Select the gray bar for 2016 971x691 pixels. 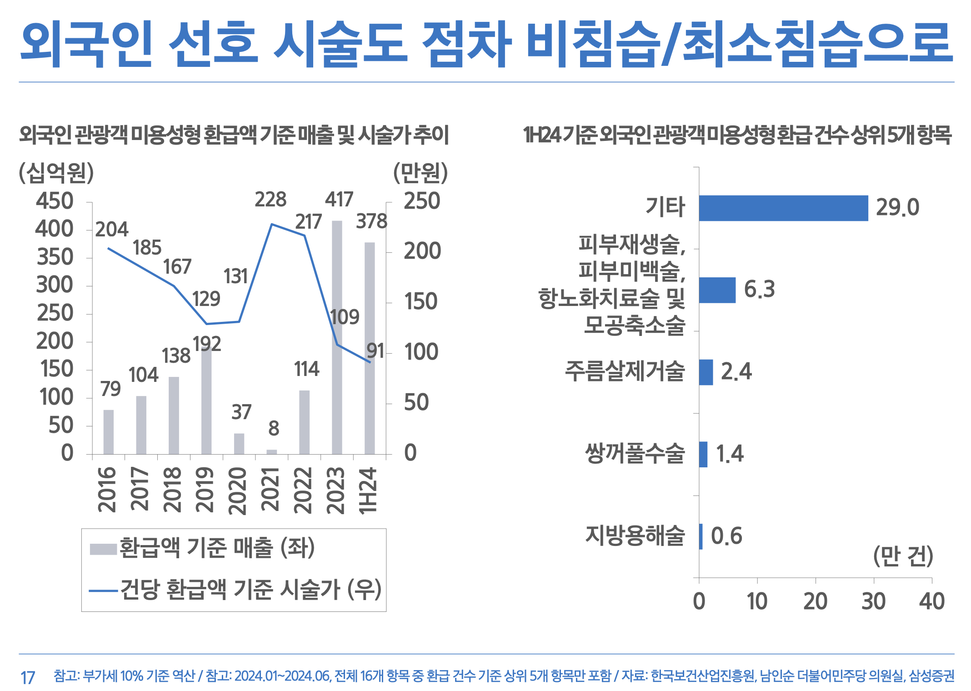coord(109,431)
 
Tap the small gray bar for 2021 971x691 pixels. coord(272,451)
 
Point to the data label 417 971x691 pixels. coord(339,200)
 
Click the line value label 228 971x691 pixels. coord(270,200)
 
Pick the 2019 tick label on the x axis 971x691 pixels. coord(205,490)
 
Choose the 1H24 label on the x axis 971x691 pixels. coord(369,491)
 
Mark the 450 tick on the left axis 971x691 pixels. coord(55,201)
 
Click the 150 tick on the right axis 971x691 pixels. coord(421,302)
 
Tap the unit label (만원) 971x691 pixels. coord(420,173)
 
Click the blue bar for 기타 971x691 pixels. coord(783,208)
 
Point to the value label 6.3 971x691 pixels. coord(759,289)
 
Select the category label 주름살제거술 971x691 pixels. coord(625,371)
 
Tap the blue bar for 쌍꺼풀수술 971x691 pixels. coord(703,454)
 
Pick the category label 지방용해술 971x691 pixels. coord(635,536)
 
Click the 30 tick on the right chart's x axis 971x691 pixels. coord(873,601)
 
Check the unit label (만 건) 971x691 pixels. coord(903,556)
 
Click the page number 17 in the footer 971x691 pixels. coord(28,677)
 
